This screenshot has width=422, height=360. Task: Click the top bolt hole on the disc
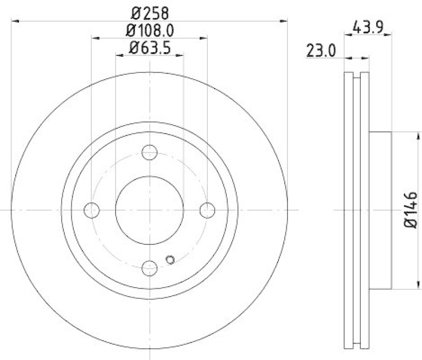150,152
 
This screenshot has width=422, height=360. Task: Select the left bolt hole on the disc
92,210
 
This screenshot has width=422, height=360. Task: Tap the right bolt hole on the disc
208,210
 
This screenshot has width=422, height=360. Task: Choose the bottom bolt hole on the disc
150,268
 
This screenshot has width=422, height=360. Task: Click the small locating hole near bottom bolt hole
170,259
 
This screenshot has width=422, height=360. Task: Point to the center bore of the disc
150,210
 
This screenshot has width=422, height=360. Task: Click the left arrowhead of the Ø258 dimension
14,21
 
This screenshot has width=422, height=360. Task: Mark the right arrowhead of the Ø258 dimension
285,21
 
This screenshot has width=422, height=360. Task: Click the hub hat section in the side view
380,210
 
